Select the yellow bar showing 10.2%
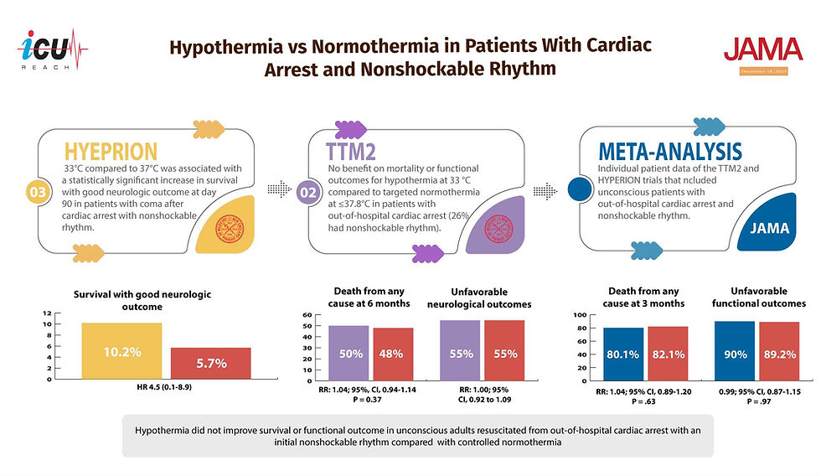121,351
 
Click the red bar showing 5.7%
210,363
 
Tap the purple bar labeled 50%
349,353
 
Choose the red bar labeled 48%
392,354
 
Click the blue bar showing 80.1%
622,354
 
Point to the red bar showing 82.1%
668,353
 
